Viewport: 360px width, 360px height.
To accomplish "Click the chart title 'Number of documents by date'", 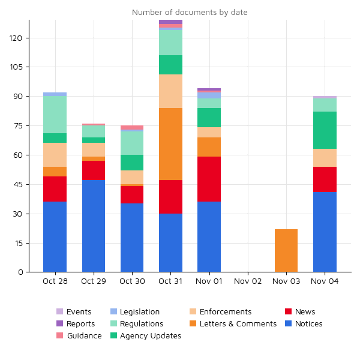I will pos(190,12).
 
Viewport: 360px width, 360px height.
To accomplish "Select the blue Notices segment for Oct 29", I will pos(94,226).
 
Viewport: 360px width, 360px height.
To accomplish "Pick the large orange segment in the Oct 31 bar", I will pos(171,144).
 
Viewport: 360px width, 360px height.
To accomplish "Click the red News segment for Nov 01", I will pos(209,179).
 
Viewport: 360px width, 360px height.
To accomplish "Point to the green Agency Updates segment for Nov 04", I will pos(325,130).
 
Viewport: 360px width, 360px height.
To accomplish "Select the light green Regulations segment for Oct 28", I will pos(55,115).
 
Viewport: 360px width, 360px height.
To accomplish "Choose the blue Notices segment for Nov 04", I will pos(325,232).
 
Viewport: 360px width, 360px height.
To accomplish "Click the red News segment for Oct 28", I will pos(55,189).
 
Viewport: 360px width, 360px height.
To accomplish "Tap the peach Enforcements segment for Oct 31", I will pos(171,91).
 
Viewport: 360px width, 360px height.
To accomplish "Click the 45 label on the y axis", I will pos(18,184).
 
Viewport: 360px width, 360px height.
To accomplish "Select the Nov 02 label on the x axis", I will pos(248,281).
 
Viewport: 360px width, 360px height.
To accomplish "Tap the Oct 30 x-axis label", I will pos(132,281).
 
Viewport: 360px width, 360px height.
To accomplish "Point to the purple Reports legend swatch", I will pos(59,323).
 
